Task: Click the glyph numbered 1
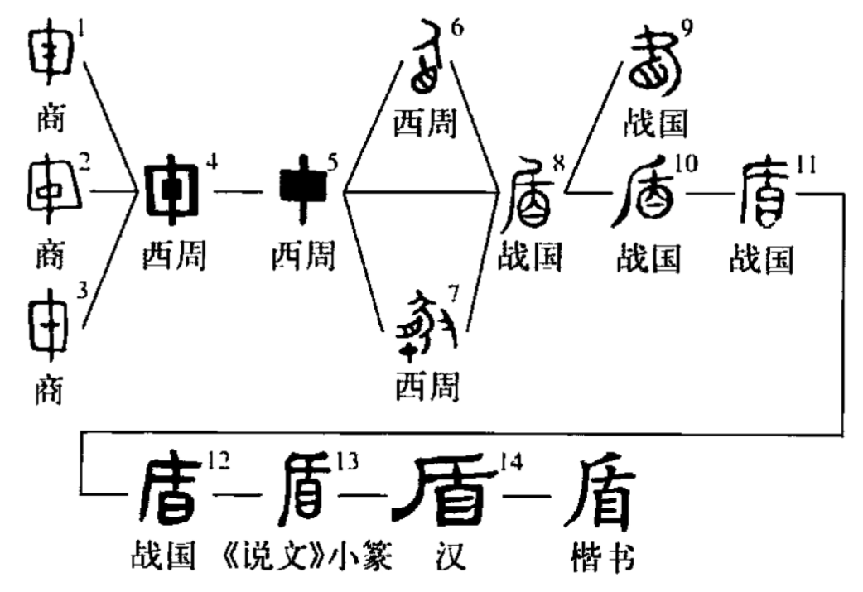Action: (51, 56)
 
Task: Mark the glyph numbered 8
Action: (528, 198)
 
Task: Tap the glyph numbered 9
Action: (654, 64)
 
